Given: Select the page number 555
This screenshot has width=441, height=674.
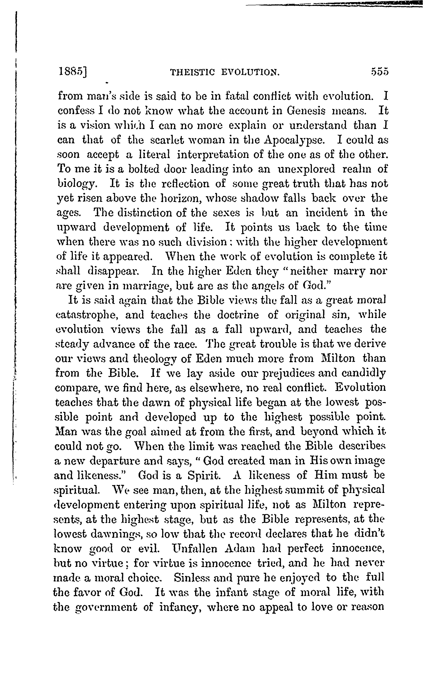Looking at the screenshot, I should [x=380, y=72].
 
